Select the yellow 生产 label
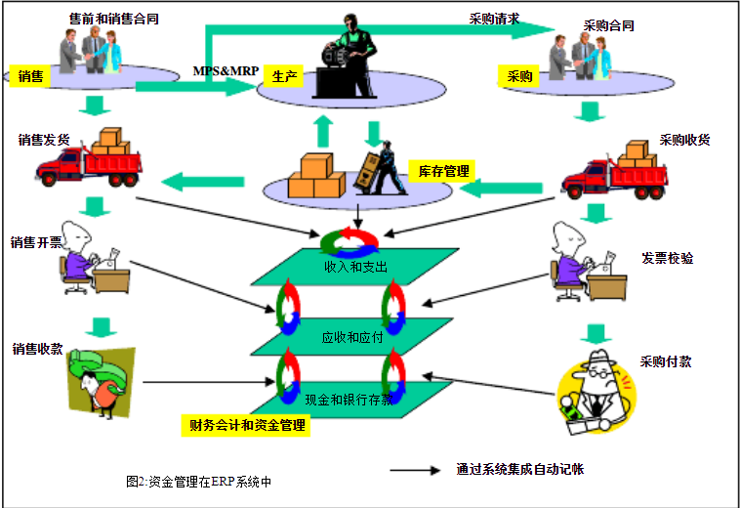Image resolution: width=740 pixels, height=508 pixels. [x=285, y=76]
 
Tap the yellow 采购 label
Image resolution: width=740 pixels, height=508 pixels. [x=518, y=76]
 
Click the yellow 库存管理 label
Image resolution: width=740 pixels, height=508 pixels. [x=437, y=171]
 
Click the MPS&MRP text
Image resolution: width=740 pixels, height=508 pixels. [x=225, y=71]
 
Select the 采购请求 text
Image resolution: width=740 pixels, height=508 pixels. [x=494, y=18]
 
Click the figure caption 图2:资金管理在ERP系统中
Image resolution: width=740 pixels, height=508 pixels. [x=199, y=481]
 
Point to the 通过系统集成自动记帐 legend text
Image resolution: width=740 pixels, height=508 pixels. [x=520, y=469]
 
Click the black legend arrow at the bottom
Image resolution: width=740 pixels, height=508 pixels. [x=414, y=470]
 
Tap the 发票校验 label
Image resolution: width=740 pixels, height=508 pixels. [x=668, y=258]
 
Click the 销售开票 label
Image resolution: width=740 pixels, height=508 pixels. [x=36, y=241]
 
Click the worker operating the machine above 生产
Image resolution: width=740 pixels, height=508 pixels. [x=349, y=56]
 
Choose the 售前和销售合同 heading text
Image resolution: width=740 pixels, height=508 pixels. [x=114, y=19]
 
